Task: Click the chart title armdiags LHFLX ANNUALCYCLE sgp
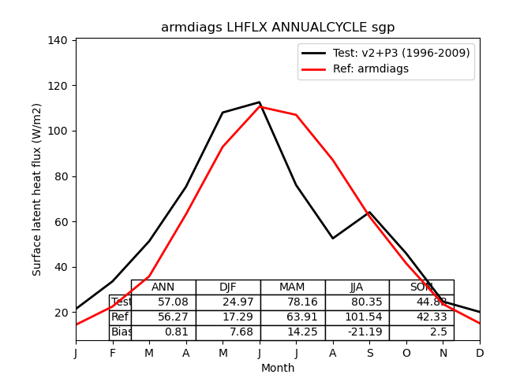tap(278, 28)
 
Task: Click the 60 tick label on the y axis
tap(63, 221)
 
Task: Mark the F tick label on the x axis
tap(113, 354)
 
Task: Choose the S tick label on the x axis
tap(369, 354)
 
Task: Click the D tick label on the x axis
tap(480, 354)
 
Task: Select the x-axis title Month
tap(278, 368)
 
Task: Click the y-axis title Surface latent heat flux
tap(37, 189)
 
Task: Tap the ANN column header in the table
tap(163, 287)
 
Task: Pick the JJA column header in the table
tap(357, 287)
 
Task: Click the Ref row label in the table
tap(120, 317)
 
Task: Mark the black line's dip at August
tap(333, 238)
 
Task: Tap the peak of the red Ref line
tap(260, 106)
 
